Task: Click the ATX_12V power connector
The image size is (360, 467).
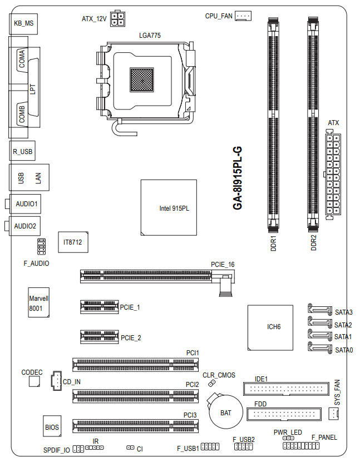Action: click(x=117, y=19)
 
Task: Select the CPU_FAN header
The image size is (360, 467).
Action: click(x=243, y=16)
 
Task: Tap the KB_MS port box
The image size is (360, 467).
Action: click(x=23, y=23)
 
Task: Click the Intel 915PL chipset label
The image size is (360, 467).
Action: click(x=174, y=208)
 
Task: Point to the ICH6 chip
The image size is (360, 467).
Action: click(x=270, y=327)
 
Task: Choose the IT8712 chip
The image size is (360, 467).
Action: click(x=73, y=242)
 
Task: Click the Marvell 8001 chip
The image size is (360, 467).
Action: click(x=39, y=302)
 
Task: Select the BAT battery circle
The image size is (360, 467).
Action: click(x=225, y=413)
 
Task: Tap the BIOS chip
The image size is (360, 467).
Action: click(x=52, y=426)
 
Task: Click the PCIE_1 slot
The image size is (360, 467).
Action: click(x=99, y=307)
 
